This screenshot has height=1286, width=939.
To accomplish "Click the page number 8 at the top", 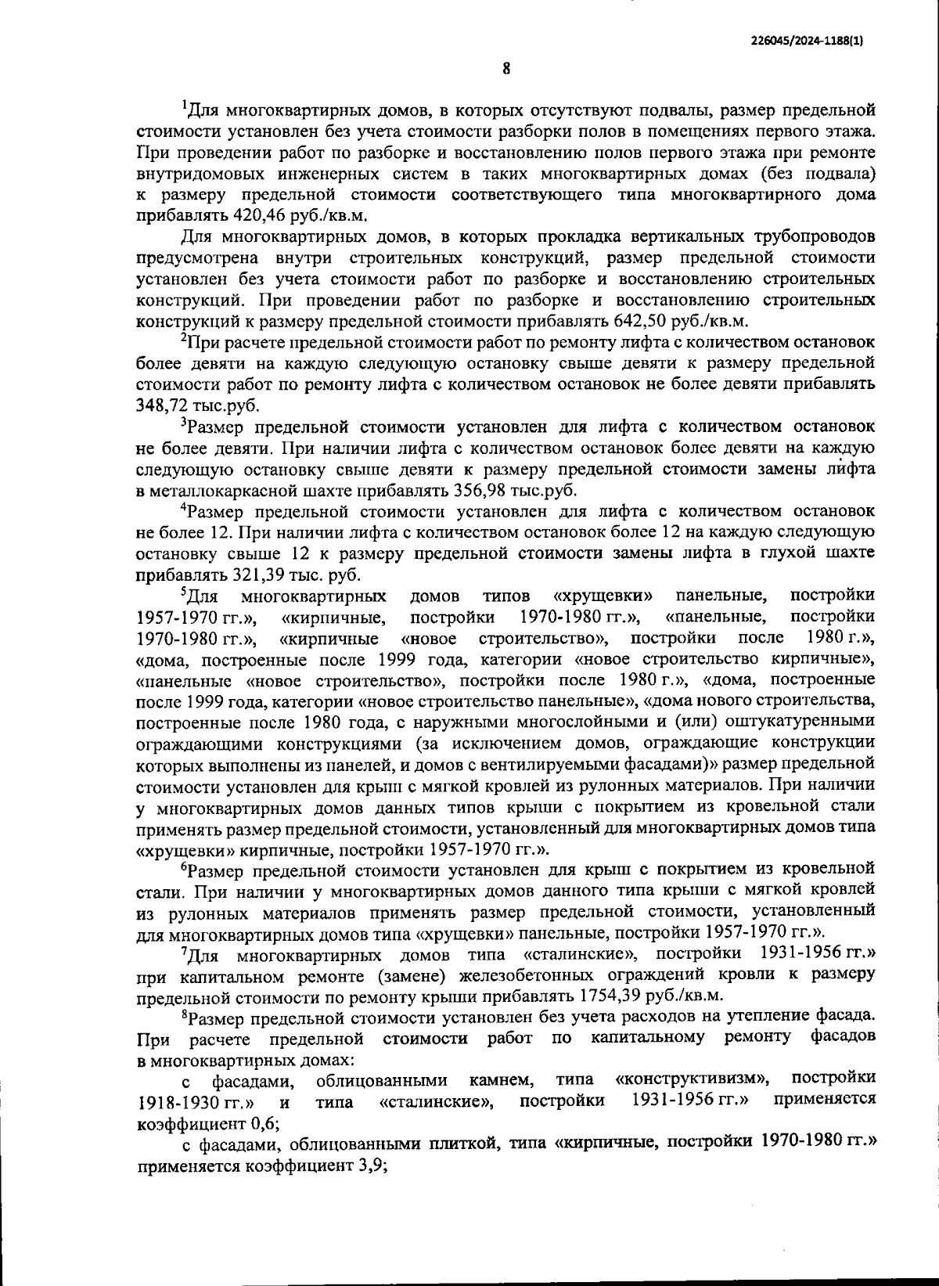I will pos(506,69).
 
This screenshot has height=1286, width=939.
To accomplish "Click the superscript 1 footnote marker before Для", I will pos(184,103).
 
